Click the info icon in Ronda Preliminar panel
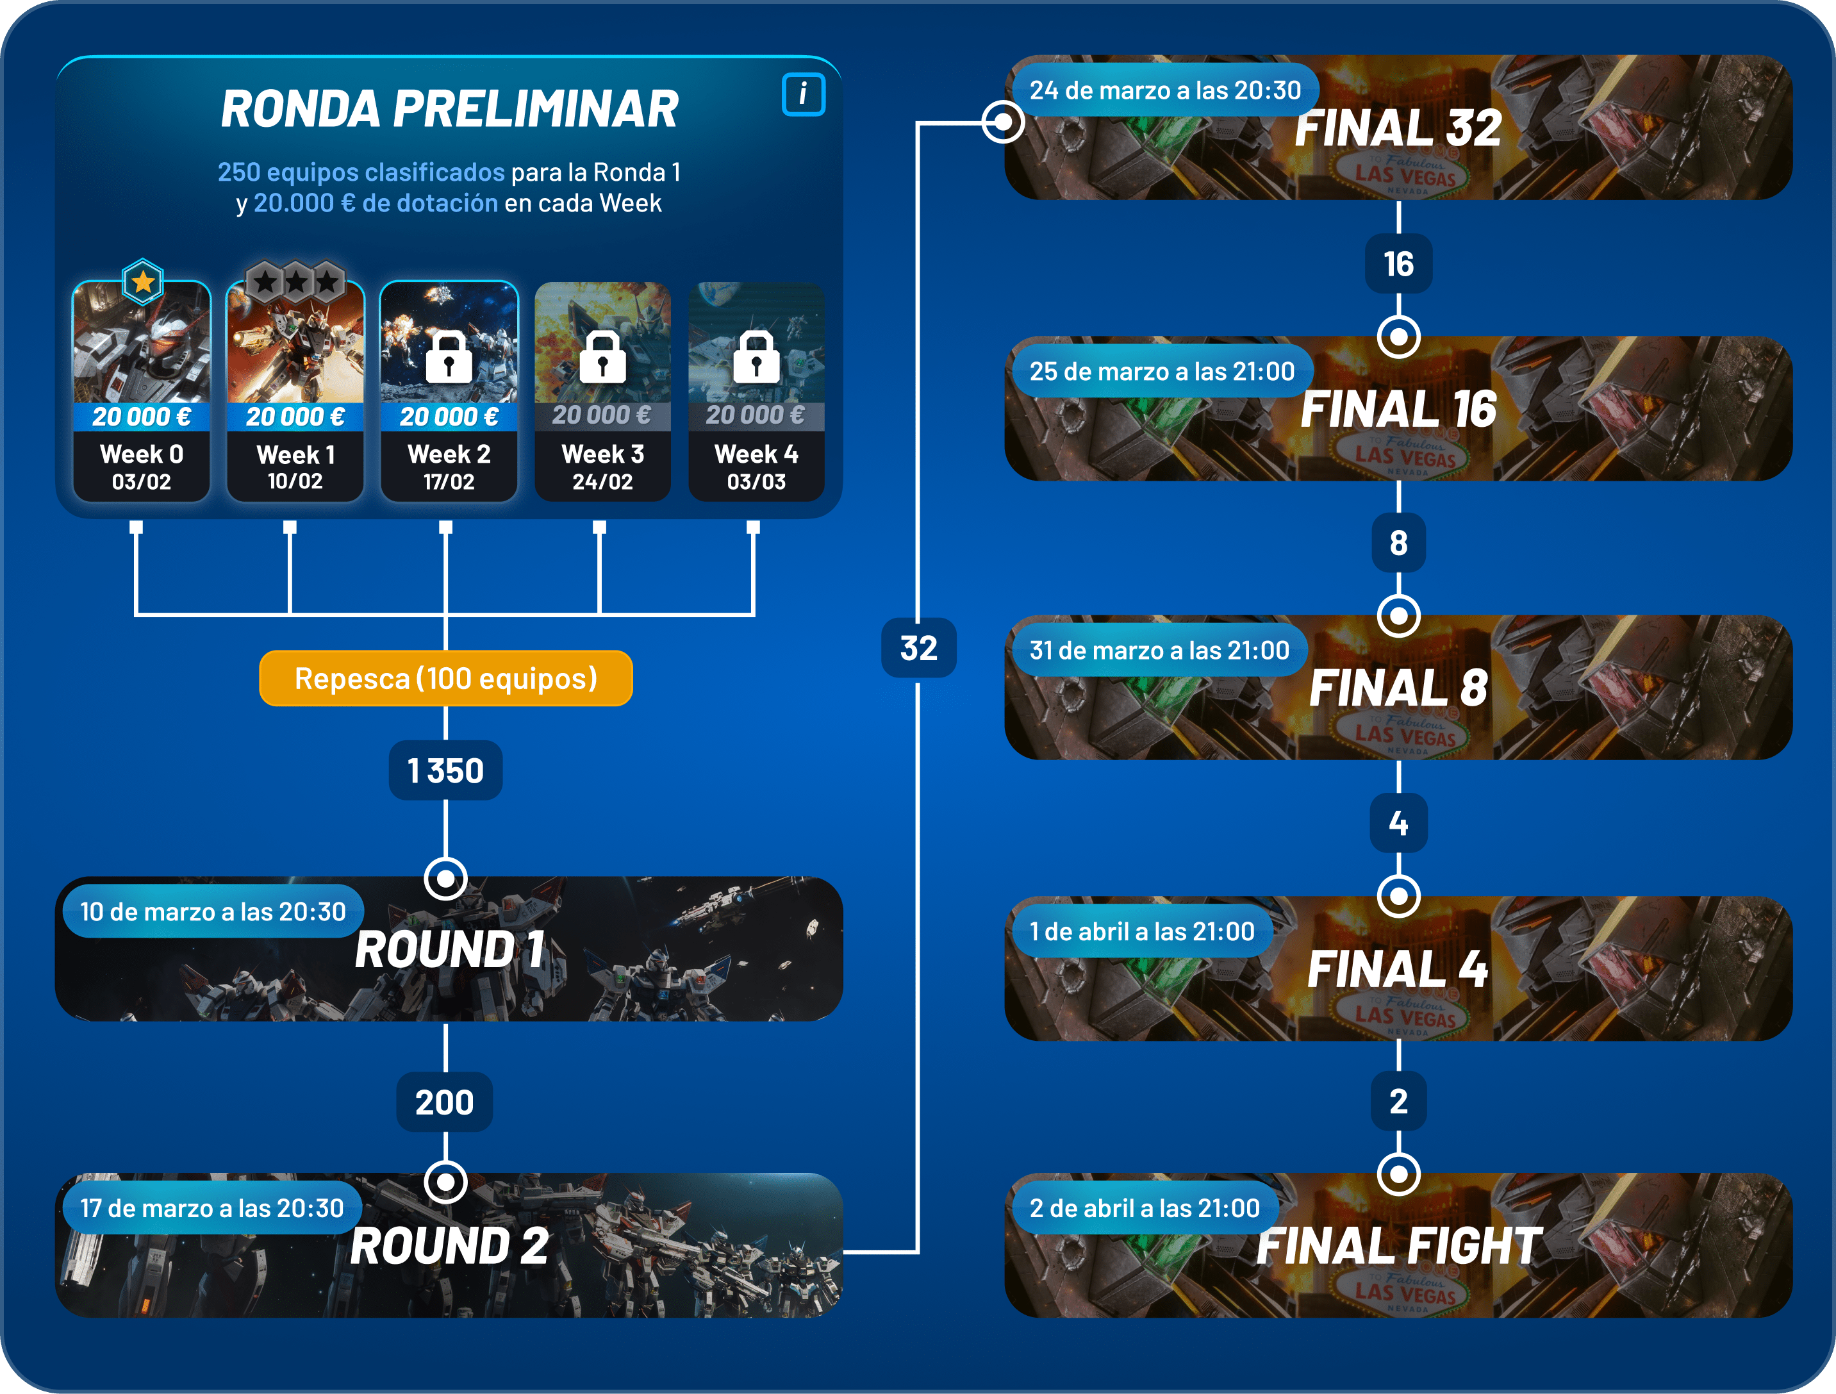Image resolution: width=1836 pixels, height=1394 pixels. [x=802, y=94]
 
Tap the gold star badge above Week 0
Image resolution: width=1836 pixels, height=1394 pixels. [x=143, y=282]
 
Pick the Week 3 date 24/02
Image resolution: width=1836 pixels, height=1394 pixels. [x=602, y=481]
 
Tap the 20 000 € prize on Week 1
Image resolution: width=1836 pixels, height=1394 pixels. [x=295, y=416]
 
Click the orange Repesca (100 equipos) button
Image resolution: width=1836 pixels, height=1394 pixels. [x=446, y=678]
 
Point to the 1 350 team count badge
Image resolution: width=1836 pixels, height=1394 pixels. [x=446, y=770]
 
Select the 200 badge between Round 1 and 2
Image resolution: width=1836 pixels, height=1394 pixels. [x=445, y=1102]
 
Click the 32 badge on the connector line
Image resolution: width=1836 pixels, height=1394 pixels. [x=919, y=647]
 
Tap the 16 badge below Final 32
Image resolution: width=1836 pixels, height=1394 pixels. [x=1398, y=264]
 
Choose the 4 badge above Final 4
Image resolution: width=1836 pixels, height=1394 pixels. [x=1398, y=823]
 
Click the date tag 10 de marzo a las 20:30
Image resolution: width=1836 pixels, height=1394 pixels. [x=213, y=911]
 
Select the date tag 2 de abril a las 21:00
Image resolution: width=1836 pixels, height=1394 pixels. [x=1145, y=1208]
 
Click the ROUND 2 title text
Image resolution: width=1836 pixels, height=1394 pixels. [x=449, y=1246]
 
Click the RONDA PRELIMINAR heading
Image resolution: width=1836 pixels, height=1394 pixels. [x=449, y=109]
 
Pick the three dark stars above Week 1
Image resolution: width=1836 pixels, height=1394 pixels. [x=295, y=281]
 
